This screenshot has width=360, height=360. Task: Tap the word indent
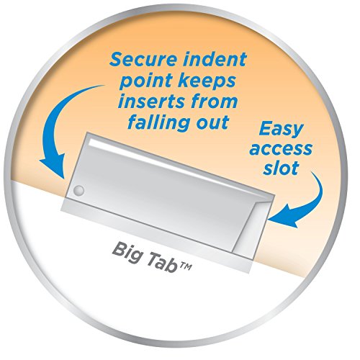click(215, 59)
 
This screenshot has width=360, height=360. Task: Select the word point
click(147, 81)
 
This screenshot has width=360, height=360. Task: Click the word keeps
click(207, 81)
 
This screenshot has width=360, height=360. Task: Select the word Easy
click(281, 130)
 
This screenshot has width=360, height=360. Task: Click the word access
click(281, 149)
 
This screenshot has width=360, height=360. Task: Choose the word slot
click(281, 168)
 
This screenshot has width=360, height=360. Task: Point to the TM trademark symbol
click(185, 266)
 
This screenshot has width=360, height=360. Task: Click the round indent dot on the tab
click(78, 191)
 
